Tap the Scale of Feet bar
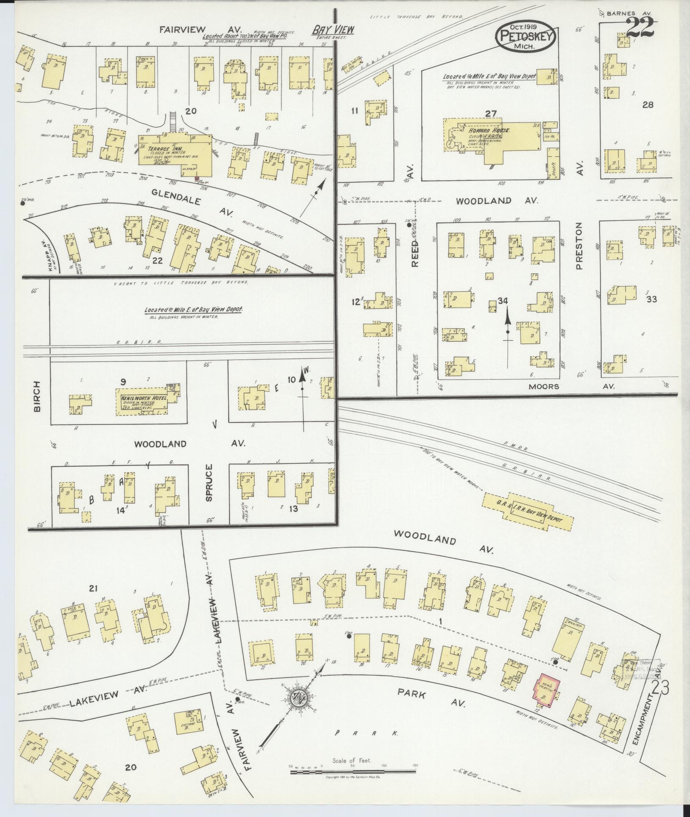(353, 772)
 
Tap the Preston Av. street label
(579, 246)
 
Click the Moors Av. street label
(544, 386)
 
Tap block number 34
(503, 301)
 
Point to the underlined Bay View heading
(333, 30)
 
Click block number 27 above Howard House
(490, 113)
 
